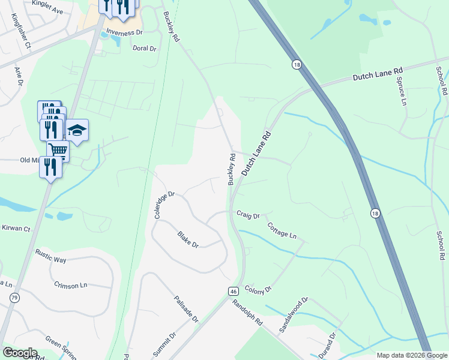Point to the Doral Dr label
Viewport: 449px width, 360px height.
[x=144, y=47]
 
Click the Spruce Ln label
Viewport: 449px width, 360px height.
[x=401, y=88]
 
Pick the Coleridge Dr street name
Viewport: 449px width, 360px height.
[x=164, y=205]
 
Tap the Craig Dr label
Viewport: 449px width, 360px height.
[x=248, y=215]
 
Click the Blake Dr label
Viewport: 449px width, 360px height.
[x=188, y=239]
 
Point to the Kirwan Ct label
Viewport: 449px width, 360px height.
[x=16, y=229]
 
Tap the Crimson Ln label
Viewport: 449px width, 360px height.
[x=70, y=286]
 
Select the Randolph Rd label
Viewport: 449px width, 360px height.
[x=247, y=313]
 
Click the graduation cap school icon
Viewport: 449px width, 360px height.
[x=77, y=130]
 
